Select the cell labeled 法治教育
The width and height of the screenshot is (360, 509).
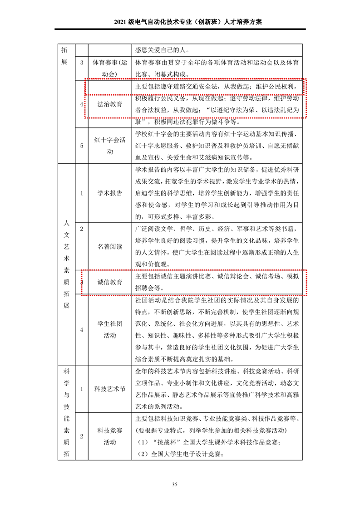tap(110, 104)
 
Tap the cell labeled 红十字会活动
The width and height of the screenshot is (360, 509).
tap(110, 146)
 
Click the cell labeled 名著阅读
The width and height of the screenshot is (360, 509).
tap(110, 247)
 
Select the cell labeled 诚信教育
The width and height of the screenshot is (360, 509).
tap(110, 282)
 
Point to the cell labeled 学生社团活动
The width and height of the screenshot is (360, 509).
tap(110, 330)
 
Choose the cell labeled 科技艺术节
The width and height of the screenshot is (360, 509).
tap(110, 389)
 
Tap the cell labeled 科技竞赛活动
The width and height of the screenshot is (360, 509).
tap(110, 436)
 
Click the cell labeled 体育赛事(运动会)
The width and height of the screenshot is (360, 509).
tap(110, 68)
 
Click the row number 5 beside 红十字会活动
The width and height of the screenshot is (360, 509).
tap(82, 146)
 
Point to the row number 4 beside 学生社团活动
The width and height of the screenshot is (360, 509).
tap(82, 330)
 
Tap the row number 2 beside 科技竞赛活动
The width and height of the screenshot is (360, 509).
tap(82, 436)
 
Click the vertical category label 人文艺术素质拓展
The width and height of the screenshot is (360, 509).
tap(66, 264)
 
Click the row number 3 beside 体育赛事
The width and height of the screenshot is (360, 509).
tap(82, 63)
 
